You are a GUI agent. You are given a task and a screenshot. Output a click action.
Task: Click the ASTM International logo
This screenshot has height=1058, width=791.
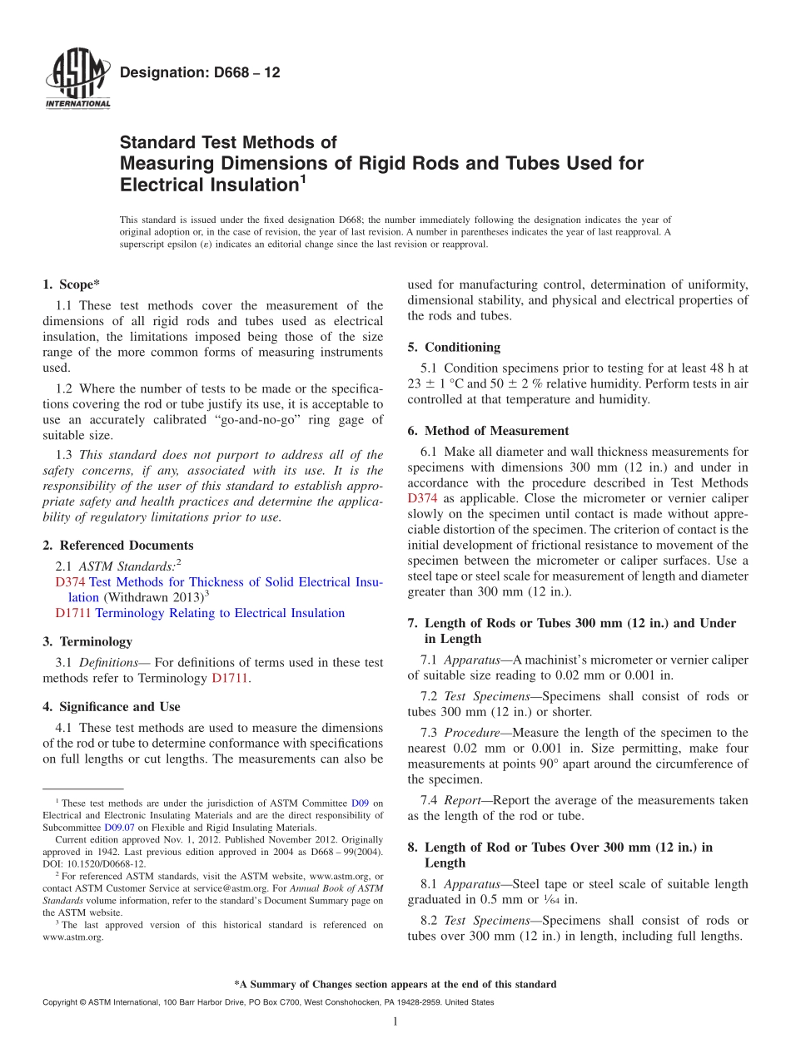[x=77, y=79]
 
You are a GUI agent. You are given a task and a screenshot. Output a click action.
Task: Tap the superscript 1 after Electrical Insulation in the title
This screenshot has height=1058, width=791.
[x=303, y=178]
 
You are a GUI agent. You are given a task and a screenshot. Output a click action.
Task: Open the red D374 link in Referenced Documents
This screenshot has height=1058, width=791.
[x=70, y=582]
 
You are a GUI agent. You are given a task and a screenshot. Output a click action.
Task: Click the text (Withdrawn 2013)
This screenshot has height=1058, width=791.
[x=152, y=597]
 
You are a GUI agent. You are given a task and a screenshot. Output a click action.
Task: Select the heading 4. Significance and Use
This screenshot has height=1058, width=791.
[x=111, y=707]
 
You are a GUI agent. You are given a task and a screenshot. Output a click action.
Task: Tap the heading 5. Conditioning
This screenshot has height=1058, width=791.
[x=454, y=347]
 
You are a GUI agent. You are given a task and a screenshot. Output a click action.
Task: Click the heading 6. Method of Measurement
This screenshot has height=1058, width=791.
[x=488, y=431]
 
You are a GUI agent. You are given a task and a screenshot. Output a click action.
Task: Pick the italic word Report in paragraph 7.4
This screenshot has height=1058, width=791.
[x=462, y=800]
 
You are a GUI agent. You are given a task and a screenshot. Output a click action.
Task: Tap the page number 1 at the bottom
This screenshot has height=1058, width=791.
[x=395, y=1021]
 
